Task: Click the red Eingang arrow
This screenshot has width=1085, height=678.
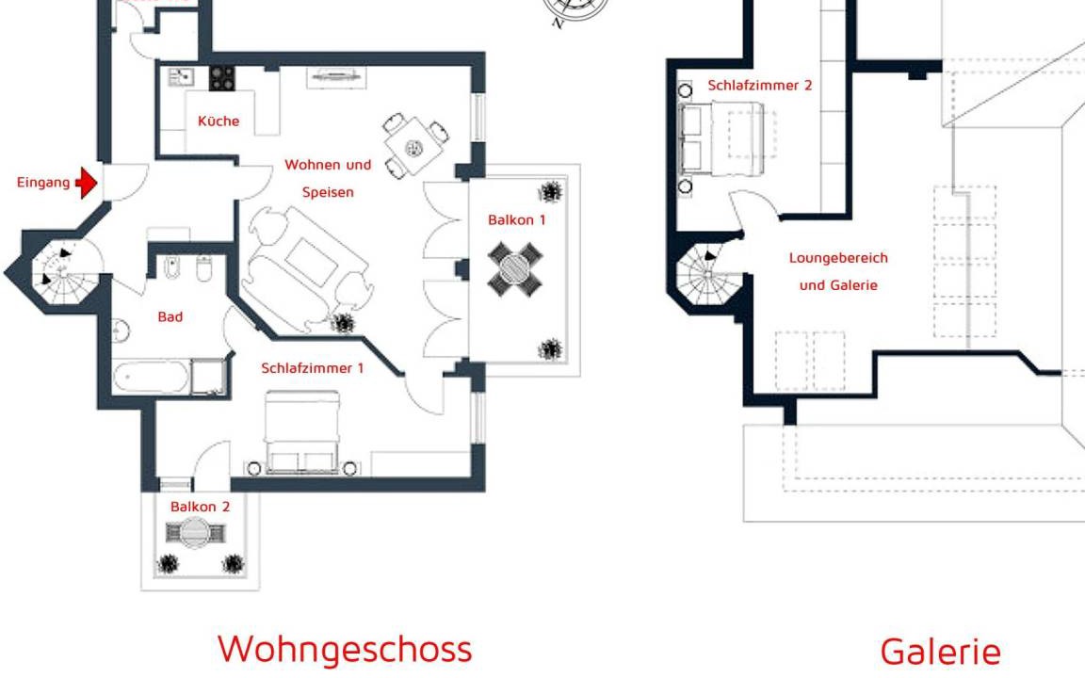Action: click(87, 183)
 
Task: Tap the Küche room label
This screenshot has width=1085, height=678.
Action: click(219, 121)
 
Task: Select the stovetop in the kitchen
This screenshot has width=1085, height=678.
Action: click(222, 78)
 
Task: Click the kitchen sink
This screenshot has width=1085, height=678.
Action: click(181, 77)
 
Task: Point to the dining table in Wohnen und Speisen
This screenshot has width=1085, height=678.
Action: click(413, 147)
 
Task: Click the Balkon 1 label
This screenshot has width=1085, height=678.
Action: click(517, 220)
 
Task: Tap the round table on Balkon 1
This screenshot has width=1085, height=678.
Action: click(515, 269)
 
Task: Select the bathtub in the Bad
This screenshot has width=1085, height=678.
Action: click(151, 378)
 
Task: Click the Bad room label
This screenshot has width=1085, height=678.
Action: click(170, 316)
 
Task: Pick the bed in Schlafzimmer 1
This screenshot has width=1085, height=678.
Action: click(302, 432)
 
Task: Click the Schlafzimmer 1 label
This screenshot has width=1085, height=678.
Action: click(312, 368)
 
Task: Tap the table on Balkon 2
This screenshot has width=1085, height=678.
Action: click(195, 533)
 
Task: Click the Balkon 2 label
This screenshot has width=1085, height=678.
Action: click(200, 507)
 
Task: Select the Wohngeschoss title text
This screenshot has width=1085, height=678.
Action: click(345, 649)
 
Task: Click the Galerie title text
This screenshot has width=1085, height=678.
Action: click(940, 652)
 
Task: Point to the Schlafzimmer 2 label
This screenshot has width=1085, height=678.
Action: click(760, 85)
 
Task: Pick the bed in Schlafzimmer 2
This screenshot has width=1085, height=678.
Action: click(722, 138)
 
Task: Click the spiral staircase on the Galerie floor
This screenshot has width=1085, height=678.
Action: click(708, 275)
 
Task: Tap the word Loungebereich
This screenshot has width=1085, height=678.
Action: click(838, 258)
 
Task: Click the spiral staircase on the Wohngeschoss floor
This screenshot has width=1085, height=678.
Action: click(63, 271)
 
